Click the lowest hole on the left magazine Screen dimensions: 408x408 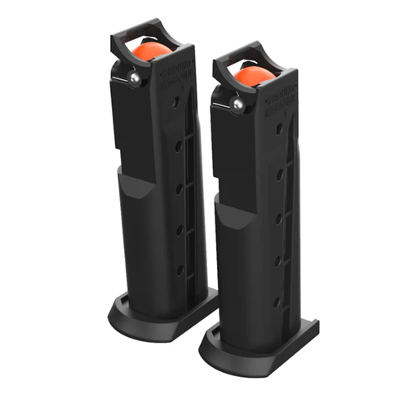[179, 269]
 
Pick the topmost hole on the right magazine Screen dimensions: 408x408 [279, 129]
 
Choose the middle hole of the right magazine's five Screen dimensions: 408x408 [279, 218]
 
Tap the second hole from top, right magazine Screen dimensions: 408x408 [279, 174]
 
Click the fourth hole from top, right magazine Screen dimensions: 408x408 [279, 262]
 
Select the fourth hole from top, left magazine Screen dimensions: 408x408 [179, 229]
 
